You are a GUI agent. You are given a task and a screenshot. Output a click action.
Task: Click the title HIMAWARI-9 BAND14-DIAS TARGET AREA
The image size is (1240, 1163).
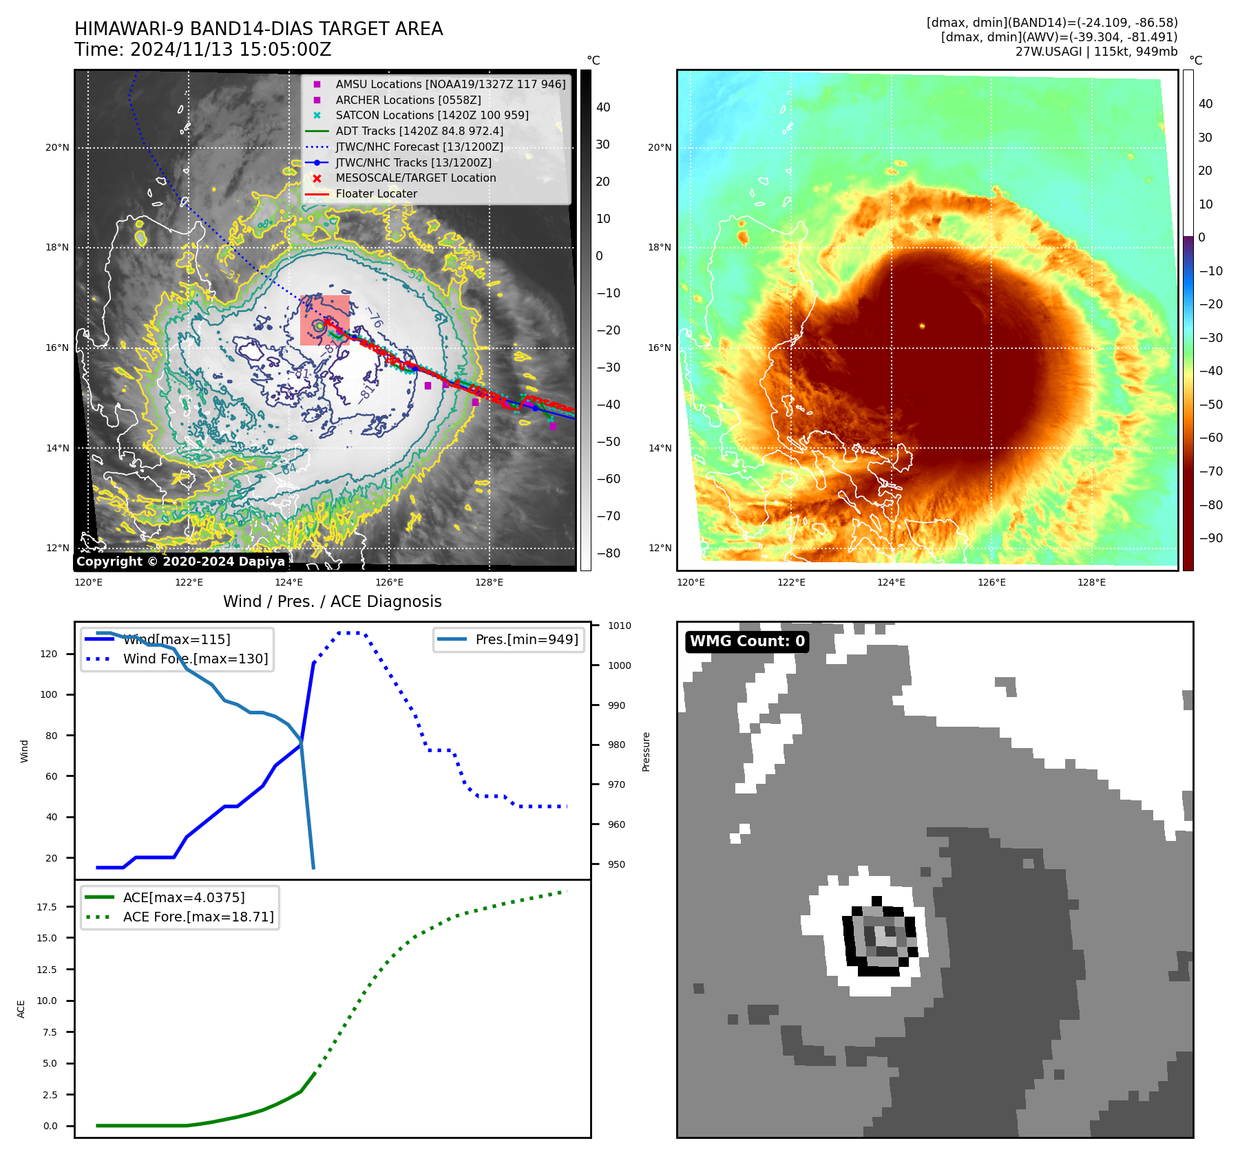pyautogui.click(x=258, y=29)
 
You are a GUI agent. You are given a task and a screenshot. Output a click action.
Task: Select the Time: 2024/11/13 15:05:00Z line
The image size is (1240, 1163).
pyautogui.click(x=203, y=50)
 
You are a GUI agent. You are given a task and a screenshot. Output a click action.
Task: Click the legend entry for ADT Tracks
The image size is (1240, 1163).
pyautogui.click(x=419, y=131)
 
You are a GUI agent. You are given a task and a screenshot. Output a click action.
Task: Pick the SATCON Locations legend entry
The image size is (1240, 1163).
pyautogui.click(x=432, y=115)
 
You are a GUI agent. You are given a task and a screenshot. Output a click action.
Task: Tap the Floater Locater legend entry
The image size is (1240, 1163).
pyautogui.click(x=376, y=193)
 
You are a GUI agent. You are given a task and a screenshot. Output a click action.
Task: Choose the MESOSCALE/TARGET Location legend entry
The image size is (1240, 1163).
pyautogui.click(x=415, y=178)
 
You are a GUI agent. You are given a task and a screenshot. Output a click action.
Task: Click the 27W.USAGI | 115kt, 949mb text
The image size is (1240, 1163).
pyautogui.click(x=1096, y=52)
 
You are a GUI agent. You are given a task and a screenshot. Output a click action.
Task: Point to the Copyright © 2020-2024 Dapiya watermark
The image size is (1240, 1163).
pyautogui.click(x=180, y=562)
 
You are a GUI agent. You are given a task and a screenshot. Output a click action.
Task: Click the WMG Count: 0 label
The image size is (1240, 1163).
pyautogui.click(x=747, y=641)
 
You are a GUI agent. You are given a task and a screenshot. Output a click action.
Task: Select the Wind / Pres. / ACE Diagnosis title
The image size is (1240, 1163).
pyautogui.click(x=332, y=601)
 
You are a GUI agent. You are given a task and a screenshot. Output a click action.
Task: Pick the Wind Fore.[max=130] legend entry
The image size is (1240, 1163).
pyautogui.click(x=195, y=659)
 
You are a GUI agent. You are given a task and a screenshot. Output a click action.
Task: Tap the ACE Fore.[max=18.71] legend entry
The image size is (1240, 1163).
pyautogui.click(x=198, y=917)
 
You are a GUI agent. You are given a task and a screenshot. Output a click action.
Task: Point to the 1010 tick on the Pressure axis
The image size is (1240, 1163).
pyautogui.click(x=619, y=626)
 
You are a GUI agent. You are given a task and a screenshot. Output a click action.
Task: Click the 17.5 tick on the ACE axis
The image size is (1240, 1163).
pyautogui.click(x=47, y=907)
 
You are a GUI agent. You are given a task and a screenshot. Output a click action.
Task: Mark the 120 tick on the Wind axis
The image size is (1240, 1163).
pyautogui.click(x=49, y=654)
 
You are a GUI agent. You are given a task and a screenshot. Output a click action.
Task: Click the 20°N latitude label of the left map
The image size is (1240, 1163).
pyautogui.click(x=58, y=147)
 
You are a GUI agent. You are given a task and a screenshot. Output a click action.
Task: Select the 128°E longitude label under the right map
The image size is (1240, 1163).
pyautogui.click(x=1091, y=582)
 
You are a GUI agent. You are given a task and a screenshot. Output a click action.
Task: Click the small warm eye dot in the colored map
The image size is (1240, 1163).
pyautogui.click(x=922, y=326)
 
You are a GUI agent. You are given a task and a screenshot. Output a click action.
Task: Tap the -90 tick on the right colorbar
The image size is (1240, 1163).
pyautogui.click(x=1210, y=538)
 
